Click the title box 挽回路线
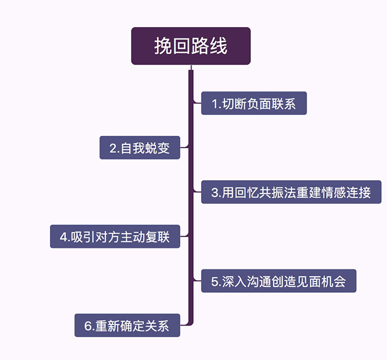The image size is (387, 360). click(190, 46)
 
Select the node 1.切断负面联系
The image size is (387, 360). click(253, 104)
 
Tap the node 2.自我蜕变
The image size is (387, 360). click(140, 148)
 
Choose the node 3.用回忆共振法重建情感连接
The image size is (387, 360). click(291, 192)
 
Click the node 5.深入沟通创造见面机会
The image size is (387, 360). click(278, 281)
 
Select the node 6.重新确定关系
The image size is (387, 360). click(127, 325)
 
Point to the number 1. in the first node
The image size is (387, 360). click(216, 104)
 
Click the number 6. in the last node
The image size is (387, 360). click(89, 326)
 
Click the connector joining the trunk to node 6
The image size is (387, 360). click(185, 324)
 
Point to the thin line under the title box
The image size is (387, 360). click(190, 67)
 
